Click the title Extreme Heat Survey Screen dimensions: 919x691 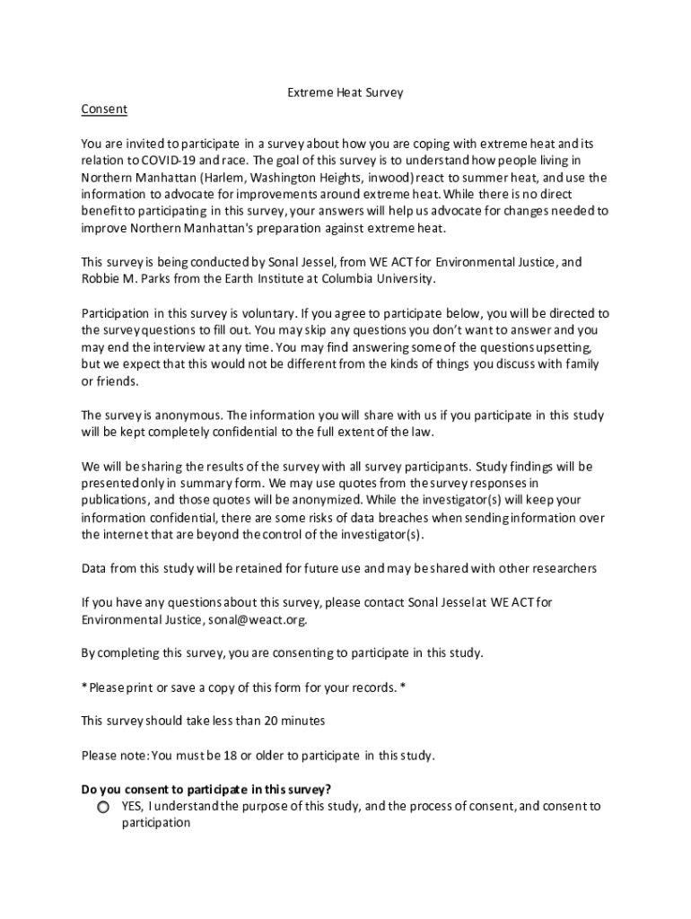pos(345,92)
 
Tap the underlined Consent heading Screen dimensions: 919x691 pos(104,109)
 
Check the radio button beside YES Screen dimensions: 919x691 pos(104,808)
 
